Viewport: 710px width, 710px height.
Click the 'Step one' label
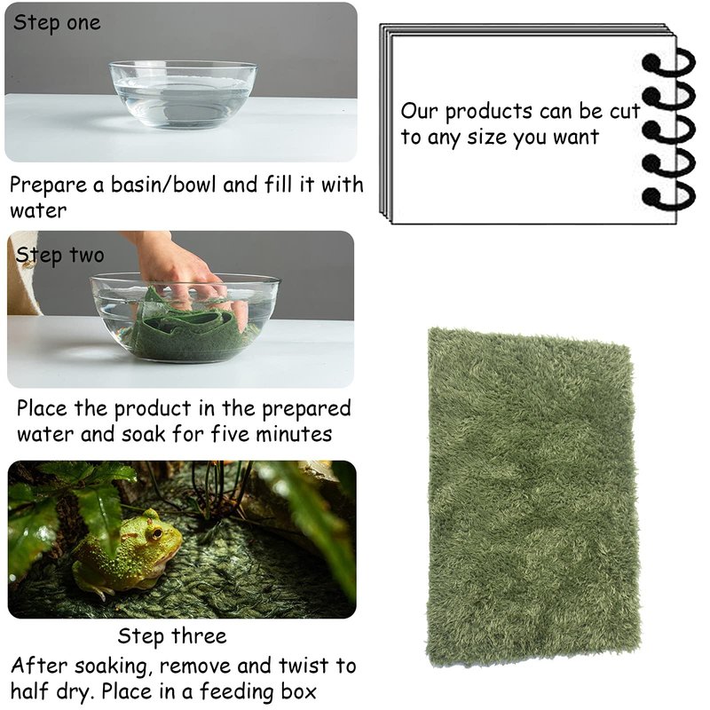(x=57, y=23)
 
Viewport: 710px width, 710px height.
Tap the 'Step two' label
(x=59, y=256)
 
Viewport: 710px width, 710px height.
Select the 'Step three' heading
(x=172, y=636)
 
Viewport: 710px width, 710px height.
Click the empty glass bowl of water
(x=183, y=94)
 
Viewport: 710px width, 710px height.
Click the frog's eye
(x=157, y=533)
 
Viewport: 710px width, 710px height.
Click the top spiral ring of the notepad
(x=669, y=63)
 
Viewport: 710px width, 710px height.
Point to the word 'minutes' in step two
(x=294, y=434)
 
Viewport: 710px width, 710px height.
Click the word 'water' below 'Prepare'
(x=38, y=211)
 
